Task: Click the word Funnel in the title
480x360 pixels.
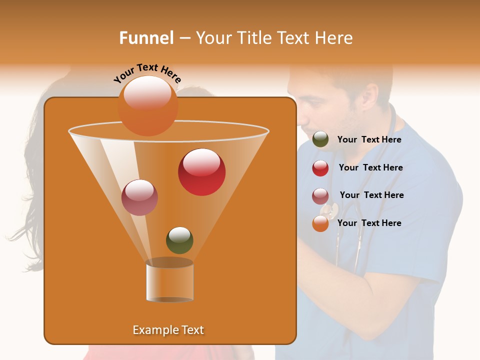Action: pos(146,38)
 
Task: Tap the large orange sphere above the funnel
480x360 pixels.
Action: pos(148,106)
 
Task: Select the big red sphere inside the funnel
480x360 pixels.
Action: pos(202,172)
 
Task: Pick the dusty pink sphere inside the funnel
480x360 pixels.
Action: pos(140,197)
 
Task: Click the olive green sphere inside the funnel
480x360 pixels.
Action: pos(179,240)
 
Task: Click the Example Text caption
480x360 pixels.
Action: pos(168,330)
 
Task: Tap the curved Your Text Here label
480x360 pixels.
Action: pos(147,72)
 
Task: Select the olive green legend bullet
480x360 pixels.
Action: pos(320,139)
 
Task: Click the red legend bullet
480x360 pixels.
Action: pos(320,168)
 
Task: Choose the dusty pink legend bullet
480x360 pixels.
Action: pos(320,196)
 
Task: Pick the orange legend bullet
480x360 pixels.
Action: pos(320,223)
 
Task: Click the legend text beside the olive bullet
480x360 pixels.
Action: pos(369,140)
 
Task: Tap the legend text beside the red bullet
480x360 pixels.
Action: pos(370,168)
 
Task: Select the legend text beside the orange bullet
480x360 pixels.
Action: pos(369,223)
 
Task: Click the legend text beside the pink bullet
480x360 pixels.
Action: pos(371,195)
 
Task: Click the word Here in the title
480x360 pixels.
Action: pos(334,38)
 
